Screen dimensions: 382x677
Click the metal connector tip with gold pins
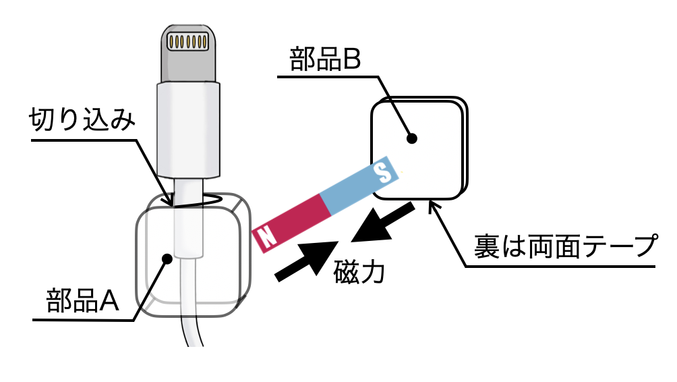(x=186, y=51)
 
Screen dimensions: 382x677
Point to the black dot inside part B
(x=413, y=139)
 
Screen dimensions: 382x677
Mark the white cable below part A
(x=192, y=324)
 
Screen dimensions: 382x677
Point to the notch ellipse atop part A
(x=196, y=200)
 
